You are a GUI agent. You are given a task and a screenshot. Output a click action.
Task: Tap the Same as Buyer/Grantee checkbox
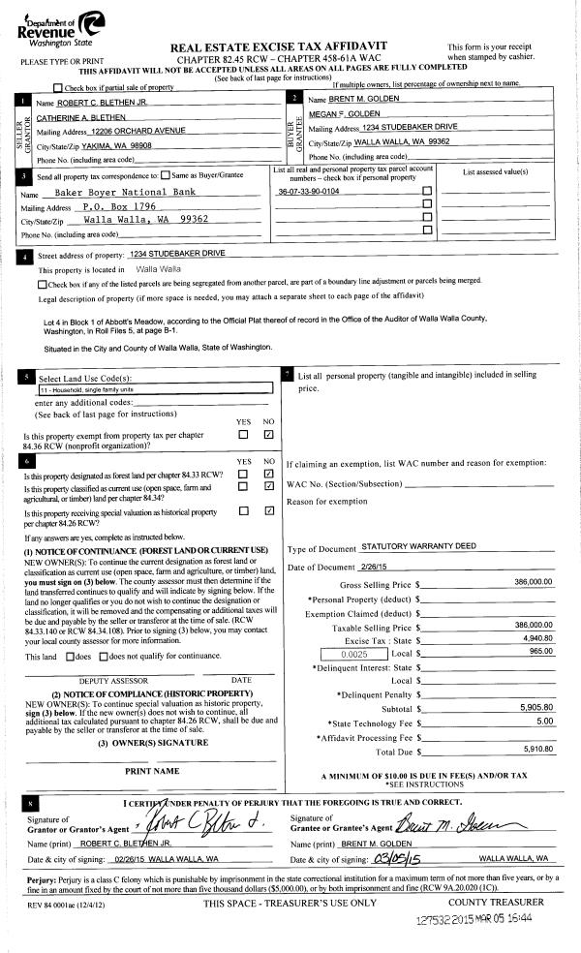(166, 175)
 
